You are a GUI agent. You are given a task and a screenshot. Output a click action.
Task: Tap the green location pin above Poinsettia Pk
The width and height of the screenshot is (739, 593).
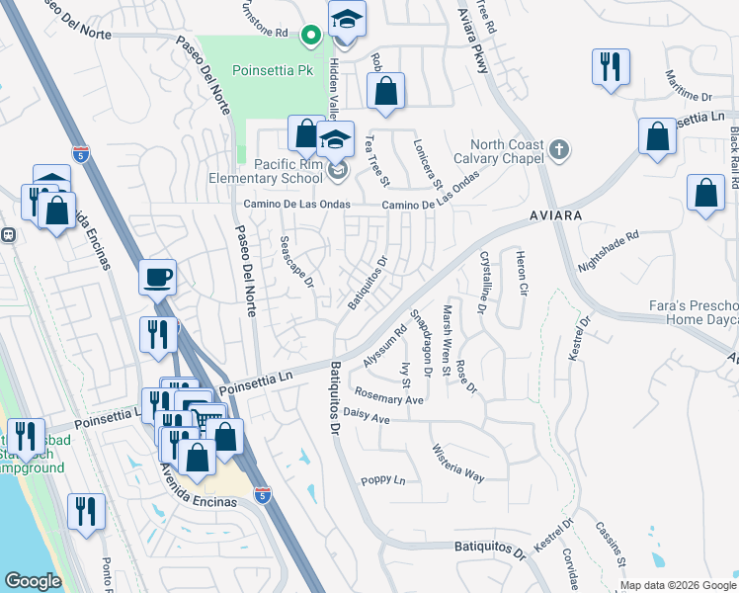point(310,38)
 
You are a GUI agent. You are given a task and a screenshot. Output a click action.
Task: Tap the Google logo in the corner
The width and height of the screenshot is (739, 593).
point(33,581)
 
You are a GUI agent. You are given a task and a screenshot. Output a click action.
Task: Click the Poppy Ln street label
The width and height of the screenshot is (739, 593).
point(383,481)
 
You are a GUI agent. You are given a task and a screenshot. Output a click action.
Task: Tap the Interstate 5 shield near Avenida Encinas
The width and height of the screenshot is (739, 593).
point(262,492)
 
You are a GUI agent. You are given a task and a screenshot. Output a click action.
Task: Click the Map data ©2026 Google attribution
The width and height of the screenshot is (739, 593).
point(678,585)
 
